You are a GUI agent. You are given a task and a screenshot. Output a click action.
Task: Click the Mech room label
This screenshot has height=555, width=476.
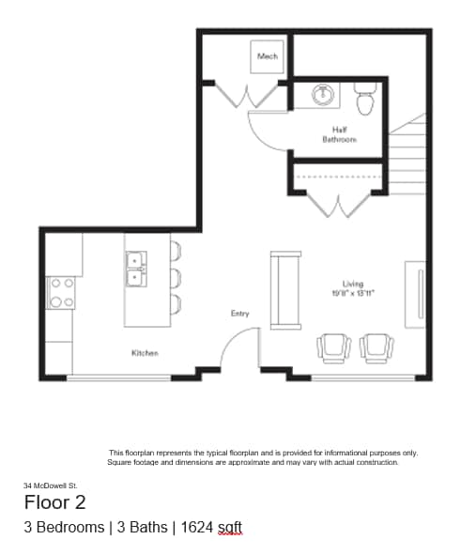coord(268,56)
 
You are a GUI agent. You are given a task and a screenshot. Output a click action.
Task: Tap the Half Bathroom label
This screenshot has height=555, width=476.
coord(339,134)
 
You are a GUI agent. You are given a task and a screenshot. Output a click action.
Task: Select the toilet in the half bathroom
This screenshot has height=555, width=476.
coord(365,98)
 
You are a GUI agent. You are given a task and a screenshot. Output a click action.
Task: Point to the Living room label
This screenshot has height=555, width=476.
coord(352,283)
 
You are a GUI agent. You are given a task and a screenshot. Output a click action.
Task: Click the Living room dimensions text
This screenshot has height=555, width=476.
coord(353,292)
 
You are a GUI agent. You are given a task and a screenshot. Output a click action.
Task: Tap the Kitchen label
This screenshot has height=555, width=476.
coord(145,353)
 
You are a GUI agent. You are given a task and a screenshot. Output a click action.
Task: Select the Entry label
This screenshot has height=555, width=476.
coord(239,313)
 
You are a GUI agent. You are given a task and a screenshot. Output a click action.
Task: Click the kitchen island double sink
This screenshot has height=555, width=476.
coord(137,267)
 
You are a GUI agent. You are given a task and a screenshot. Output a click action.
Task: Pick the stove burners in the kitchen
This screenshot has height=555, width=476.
coord(62,292)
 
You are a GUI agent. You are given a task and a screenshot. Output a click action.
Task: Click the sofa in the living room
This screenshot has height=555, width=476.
coord(285,289)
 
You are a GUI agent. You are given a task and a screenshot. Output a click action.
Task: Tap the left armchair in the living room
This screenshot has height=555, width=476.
coord(334,347)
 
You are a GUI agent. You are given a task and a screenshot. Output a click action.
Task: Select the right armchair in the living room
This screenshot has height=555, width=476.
coord(377,347)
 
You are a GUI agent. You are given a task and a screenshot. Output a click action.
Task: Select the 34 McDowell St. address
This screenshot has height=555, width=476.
coord(52,485)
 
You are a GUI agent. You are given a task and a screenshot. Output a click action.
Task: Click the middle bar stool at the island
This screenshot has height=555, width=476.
coord(176,277)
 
